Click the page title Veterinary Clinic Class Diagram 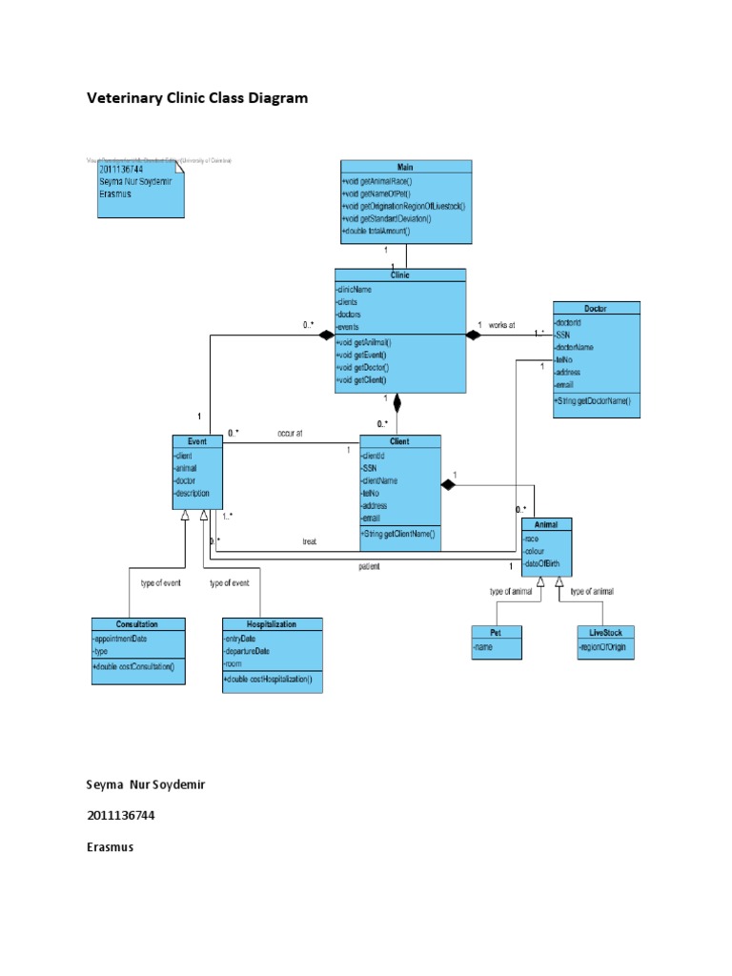pyautogui.click(x=198, y=98)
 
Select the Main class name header pyautogui.click(x=405, y=167)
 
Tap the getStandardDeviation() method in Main pyautogui.click(x=386, y=218)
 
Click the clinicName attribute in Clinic pyautogui.click(x=354, y=289)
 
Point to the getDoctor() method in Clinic pyautogui.click(x=364, y=367)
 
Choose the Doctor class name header pyautogui.click(x=597, y=308)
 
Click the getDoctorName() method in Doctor pyautogui.click(x=593, y=401)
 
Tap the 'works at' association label pyautogui.click(x=501, y=326)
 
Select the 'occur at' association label pyautogui.click(x=290, y=434)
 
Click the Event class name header pyautogui.click(x=197, y=441)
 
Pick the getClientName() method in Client pyautogui.click(x=398, y=535)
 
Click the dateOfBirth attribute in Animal pyautogui.click(x=544, y=564)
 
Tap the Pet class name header pyautogui.click(x=497, y=632)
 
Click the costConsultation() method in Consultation pyautogui.click(x=134, y=665)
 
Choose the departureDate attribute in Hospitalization pyautogui.click(x=247, y=651)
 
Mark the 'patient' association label pyautogui.click(x=369, y=566)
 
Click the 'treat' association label pyautogui.click(x=310, y=541)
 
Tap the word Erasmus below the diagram pyautogui.click(x=110, y=846)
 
